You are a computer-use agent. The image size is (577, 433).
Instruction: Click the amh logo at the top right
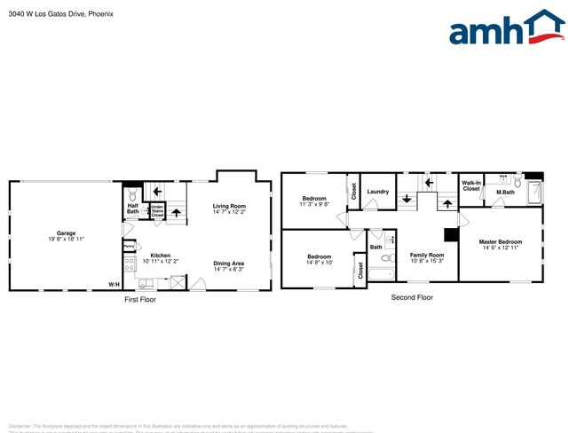click(506, 28)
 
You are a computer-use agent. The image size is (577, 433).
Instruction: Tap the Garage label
click(67, 233)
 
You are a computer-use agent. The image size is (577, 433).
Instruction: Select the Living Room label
click(229, 207)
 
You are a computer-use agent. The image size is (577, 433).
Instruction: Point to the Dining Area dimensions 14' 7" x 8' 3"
click(229, 268)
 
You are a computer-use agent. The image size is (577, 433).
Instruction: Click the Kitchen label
click(160, 256)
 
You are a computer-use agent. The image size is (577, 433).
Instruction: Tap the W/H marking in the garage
click(114, 284)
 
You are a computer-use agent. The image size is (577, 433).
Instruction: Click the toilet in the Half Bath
click(132, 194)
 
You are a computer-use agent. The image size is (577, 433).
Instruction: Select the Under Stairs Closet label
click(157, 211)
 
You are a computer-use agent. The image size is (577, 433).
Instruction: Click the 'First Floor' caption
click(139, 300)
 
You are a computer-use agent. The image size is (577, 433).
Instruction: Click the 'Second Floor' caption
click(412, 297)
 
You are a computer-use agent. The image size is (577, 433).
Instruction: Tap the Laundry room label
click(377, 192)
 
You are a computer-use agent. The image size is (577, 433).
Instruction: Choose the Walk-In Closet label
click(471, 186)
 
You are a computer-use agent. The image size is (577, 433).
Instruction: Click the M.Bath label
click(505, 193)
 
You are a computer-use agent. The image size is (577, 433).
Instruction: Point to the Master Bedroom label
click(501, 241)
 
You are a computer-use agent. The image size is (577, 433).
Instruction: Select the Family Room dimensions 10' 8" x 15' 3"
click(426, 260)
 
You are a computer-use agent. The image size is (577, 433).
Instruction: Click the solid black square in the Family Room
click(450, 235)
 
